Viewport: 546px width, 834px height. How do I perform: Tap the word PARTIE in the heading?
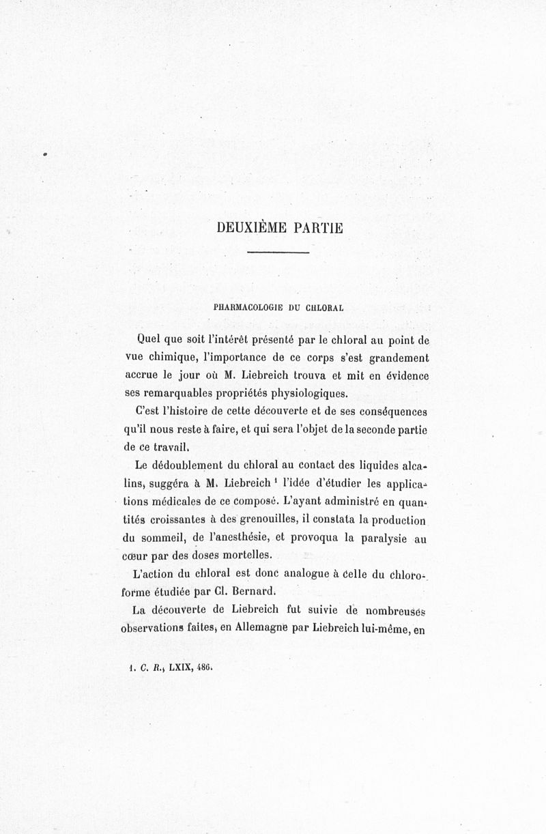click(x=317, y=228)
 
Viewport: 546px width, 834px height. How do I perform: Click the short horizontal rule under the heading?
click(x=278, y=254)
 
